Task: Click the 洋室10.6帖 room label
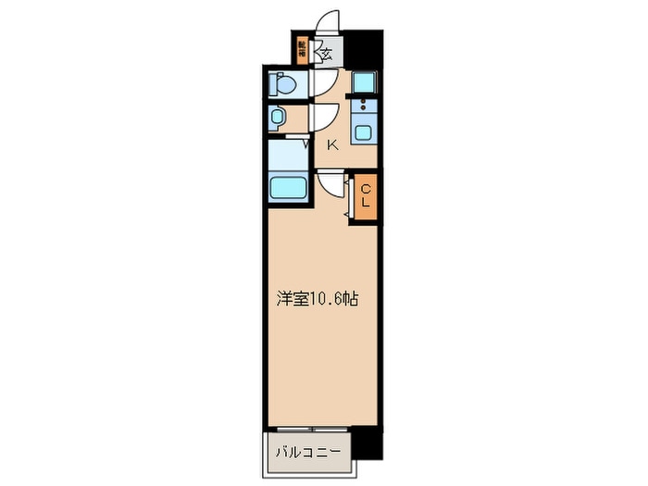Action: point(318,299)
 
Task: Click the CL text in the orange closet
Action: point(365,196)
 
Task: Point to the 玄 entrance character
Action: point(327,53)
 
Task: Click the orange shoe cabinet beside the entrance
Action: point(303,49)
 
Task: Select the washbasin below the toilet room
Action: point(279,118)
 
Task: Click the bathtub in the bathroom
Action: point(289,189)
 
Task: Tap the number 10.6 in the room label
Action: point(325,299)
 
